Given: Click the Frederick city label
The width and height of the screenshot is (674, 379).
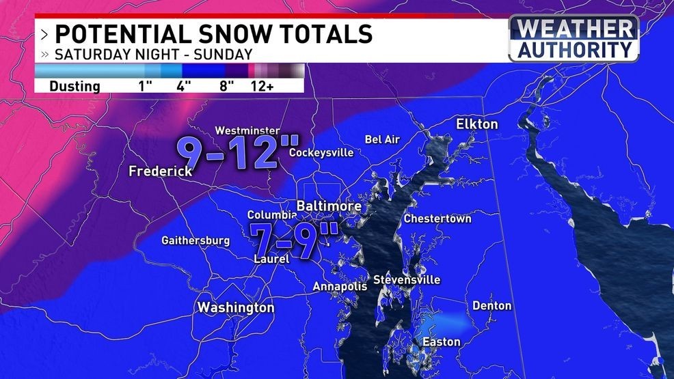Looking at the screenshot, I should pyautogui.click(x=161, y=171).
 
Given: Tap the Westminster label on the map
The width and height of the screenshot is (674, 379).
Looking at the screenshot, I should pyautogui.click(x=247, y=130).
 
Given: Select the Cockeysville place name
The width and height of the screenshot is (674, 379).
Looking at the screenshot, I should pyautogui.click(x=321, y=152).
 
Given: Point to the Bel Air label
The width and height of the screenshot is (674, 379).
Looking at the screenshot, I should pyautogui.click(x=382, y=139).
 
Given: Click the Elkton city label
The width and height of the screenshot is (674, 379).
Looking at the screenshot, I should pyautogui.click(x=477, y=124).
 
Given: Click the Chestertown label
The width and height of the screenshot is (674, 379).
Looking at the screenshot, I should pyautogui.click(x=437, y=219).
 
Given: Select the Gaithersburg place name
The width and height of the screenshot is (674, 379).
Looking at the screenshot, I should pyautogui.click(x=196, y=240).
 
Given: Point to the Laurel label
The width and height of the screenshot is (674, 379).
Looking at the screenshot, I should pyautogui.click(x=271, y=259).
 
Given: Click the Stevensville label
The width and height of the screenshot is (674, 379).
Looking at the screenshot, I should pyautogui.click(x=407, y=280).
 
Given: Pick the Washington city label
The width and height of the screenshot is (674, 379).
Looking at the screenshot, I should pyautogui.click(x=236, y=308).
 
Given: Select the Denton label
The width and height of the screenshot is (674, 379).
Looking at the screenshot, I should pyautogui.click(x=491, y=305).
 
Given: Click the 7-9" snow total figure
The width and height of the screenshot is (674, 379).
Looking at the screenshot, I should pyautogui.click(x=293, y=239).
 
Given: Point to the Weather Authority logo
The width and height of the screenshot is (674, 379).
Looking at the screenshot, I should pyautogui.click(x=574, y=39).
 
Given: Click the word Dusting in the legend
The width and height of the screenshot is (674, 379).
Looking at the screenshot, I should pyautogui.click(x=75, y=87).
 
